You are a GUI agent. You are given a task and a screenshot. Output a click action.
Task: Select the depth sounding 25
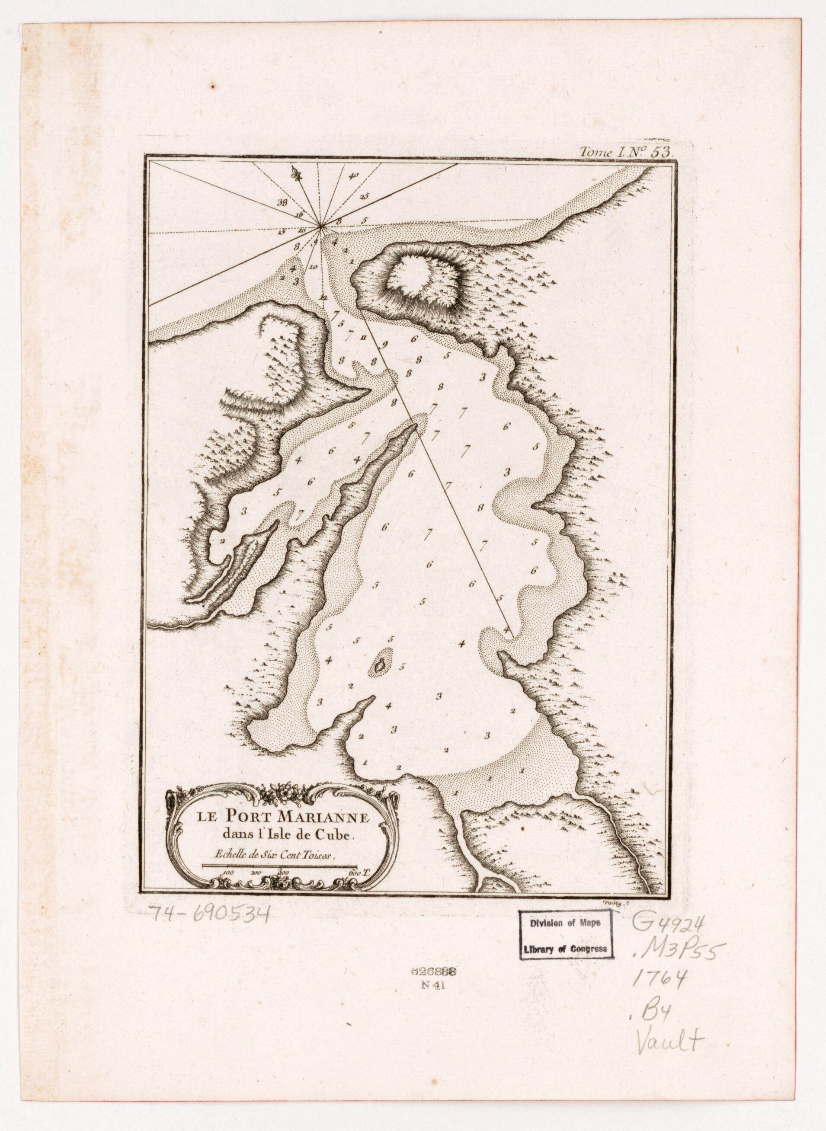point(364,197)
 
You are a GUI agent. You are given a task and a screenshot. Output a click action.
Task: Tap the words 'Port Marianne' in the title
point(297,818)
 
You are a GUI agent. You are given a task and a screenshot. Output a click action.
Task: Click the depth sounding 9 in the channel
point(385,344)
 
